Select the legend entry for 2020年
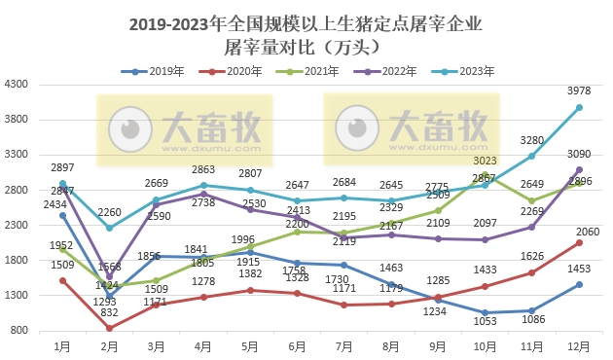pyautogui.click(x=234, y=71)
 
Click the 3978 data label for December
pyautogui.click(x=580, y=92)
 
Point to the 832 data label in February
pyautogui.click(x=109, y=341)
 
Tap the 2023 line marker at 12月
pyautogui.click(x=580, y=108)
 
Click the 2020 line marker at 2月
pyautogui.click(x=109, y=328)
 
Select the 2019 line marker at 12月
pyautogui.click(x=580, y=284)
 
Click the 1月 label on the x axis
pyautogui.click(x=62, y=346)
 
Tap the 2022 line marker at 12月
pyautogui.click(x=580, y=170)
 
